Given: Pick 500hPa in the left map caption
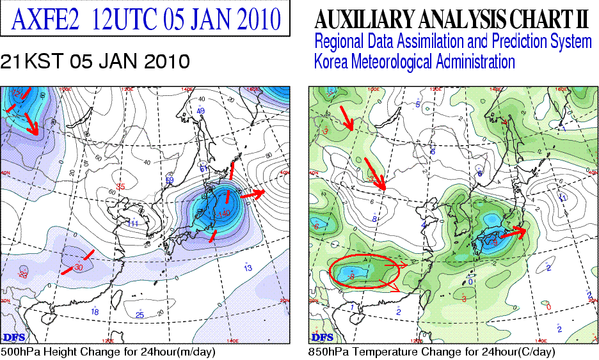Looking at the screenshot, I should (19, 352).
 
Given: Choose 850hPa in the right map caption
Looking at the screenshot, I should (328, 352).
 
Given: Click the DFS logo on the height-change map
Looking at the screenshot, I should (13, 336).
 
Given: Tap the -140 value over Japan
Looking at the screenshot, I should (223, 213).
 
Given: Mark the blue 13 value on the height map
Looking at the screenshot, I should (248, 268).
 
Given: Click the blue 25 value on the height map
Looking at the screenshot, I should (140, 315).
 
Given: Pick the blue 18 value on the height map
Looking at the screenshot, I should (95, 311).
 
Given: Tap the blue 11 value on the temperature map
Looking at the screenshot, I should (564, 198).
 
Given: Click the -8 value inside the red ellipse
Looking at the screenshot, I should (352, 276).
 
